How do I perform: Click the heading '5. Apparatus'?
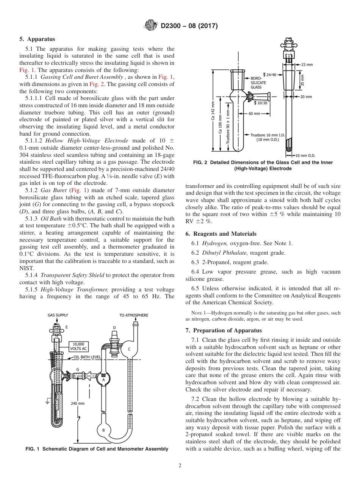[x=37, y=39]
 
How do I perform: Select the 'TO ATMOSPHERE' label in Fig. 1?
[x=134, y=315]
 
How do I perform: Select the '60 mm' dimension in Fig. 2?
[x=254, y=113]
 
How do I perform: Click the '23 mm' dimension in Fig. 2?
[x=307, y=64]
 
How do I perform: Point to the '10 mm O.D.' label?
[x=305, y=155]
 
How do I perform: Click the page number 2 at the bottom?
[x=180, y=466]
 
